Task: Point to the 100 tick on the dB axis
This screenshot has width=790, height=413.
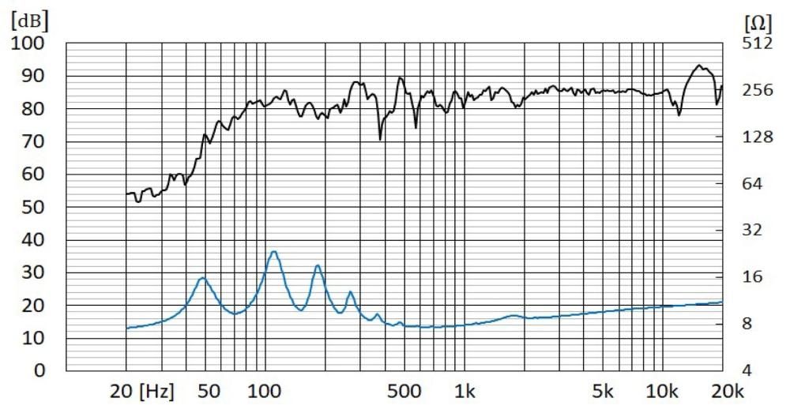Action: tap(28, 43)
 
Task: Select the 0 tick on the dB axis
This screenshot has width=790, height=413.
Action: tap(38, 370)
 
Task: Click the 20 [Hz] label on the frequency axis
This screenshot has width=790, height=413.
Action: tap(141, 391)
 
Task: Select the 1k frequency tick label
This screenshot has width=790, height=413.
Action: tap(465, 391)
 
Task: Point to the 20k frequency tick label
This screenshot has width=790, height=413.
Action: tap(726, 391)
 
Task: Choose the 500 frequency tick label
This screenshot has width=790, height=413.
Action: tap(404, 391)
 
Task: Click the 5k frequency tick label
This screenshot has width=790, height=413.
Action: tap(603, 391)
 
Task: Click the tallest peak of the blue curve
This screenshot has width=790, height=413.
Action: tap(273, 252)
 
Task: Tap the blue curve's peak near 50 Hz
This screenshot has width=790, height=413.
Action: tap(202, 277)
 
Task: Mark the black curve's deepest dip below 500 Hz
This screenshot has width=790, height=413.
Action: tap(380, 140)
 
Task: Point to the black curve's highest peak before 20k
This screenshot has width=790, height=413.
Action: tap(698, 66)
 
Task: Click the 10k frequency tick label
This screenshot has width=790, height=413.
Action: tap(663, 391)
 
